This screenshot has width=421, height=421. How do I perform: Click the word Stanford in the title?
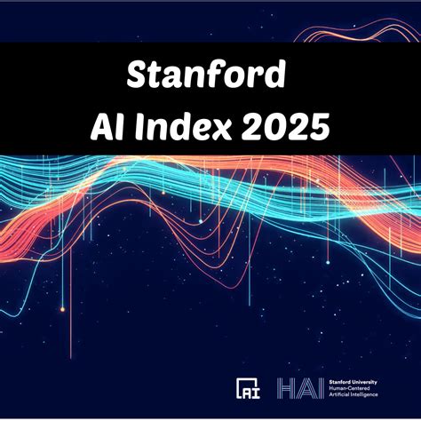tap(210, 75)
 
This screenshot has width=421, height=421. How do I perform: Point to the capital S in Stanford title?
tap(140, 75)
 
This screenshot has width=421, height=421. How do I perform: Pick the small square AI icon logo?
tap(248, 388)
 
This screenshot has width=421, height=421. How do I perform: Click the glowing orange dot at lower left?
tap(63, 309)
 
